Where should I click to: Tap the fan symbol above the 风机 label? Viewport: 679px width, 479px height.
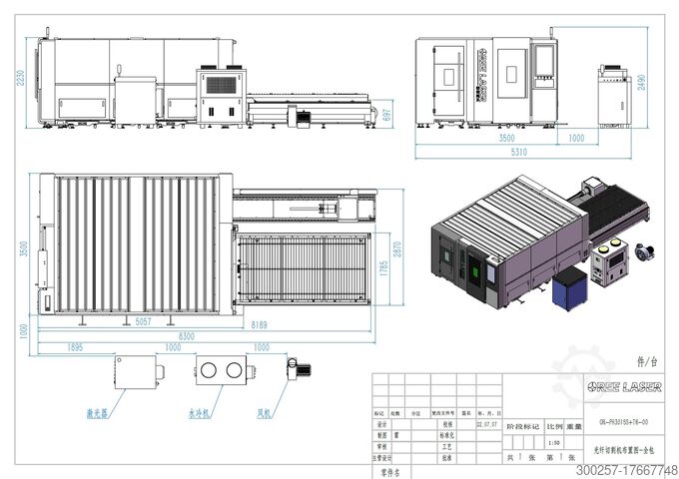(x=297, y=367)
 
